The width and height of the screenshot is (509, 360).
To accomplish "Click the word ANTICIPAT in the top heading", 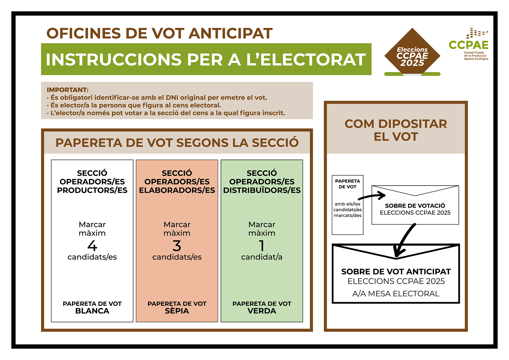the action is (x=231, y=33).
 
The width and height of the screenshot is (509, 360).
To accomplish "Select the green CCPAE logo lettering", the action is (x=469, y=45).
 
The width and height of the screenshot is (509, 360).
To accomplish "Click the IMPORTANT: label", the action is (x=67, y=90).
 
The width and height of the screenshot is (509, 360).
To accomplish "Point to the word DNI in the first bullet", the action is (x=172, y=98).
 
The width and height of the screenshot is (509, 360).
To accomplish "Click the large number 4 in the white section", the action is (x=92, y=246).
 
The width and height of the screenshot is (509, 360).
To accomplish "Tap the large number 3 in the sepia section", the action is (x=177, y=246).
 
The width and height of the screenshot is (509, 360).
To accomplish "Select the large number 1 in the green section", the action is (x=262, y=246).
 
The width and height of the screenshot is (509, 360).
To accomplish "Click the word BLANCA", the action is (x=92, y=311).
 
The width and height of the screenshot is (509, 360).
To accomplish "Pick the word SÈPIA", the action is (x=177, y=311).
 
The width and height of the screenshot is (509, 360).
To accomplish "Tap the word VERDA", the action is (x=262, y=311).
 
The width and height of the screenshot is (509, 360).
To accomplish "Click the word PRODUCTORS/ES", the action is (x=92, y=190).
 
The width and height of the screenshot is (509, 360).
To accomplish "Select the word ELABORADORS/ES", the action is (x=177, y=190).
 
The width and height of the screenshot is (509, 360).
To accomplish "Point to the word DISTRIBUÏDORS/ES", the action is (x=262, y=190).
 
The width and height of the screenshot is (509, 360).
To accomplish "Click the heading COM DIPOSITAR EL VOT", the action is (x=396, y=130).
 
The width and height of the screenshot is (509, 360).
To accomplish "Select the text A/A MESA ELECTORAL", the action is (x=396, y=294).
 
